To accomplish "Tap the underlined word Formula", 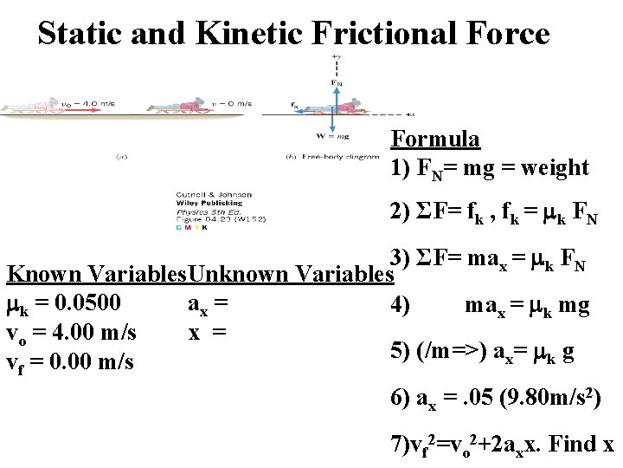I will coord(435,139).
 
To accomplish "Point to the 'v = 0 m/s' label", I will coord(232,103).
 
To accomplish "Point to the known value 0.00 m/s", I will coord(94,361).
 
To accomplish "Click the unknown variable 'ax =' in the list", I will coord(208,304).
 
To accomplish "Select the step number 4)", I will coord(401,304).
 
